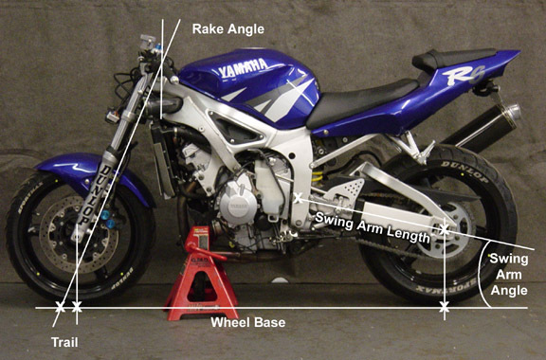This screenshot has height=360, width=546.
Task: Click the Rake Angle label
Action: [x=228, y=29]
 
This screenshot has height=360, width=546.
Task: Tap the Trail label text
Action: [x=64, y=342]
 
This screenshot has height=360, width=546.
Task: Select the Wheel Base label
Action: [x=248, y=322]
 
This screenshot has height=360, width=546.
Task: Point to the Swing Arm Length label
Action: [x=373, y=227]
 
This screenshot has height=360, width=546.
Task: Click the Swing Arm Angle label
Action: [x=509, y=275]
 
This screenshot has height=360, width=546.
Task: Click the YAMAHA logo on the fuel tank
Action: [x=243, y=67]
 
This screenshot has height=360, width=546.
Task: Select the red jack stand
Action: [x=202, y=274]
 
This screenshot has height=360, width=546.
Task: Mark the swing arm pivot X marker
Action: [x=298, y=198]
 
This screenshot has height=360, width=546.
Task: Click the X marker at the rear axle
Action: [x=444, y=230]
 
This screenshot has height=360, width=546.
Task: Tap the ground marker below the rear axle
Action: [x=444, y=308]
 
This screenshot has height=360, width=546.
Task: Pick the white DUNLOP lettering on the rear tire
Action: [x=465, y=171]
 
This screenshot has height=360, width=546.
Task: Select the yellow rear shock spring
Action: [x=317, y=177]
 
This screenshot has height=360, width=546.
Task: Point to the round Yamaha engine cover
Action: [x=239, y=207]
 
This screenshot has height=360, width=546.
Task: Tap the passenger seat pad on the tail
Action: [x=453, y=58]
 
